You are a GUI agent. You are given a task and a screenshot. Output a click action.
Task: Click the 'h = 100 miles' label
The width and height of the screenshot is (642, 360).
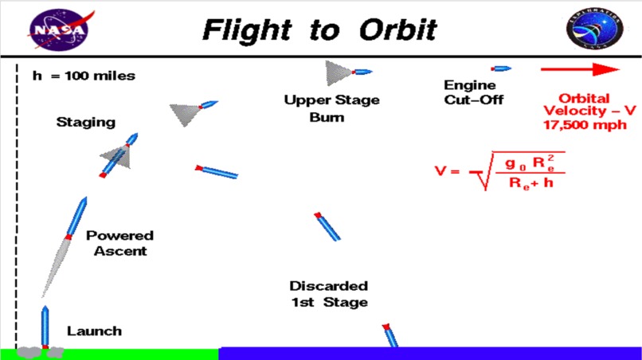pyautogui.click(x=84, y=76)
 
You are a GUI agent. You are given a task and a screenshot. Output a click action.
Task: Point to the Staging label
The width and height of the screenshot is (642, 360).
pyautogui.click(x=85, y=123)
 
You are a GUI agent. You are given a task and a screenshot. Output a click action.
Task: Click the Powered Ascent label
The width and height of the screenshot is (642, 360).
pyautogui.click(x=119, y=243)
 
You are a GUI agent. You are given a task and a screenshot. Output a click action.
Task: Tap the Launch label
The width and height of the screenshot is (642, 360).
pyautogui.click(x=95, y=331)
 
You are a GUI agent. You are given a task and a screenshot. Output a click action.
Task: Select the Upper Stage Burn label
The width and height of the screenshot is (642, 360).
pyautogui.click(x=331, y=108)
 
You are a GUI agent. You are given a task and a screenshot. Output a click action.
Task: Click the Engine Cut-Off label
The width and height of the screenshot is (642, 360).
pyautogui.click(x=470, y=92)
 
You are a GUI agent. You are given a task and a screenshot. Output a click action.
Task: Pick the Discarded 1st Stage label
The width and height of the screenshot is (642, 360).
pyautogui.click(x=328, y=293)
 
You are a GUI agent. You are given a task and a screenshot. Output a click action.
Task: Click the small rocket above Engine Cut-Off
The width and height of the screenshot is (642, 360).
pyautogui.click(x=501, y=69)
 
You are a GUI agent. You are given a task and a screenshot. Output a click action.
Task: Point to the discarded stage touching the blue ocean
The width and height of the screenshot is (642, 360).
pyautogui.click(x=390, y=335)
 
